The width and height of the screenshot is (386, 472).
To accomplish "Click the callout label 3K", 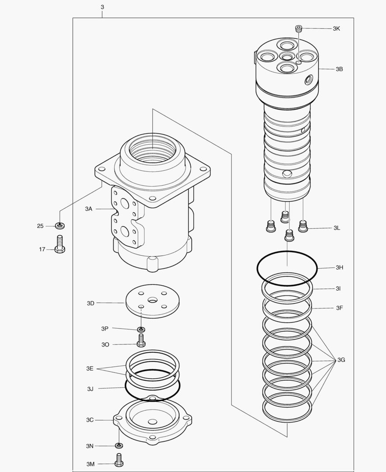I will (336, 28).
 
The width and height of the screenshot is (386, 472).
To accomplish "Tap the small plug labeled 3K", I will (299, 29).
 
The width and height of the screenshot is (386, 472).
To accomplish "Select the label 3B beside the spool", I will (339, 69).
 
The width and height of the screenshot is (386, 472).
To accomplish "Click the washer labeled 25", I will (60, 226).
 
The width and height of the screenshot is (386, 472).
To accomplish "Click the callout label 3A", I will (89, 209).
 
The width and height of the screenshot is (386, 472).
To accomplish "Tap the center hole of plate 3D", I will (152, 300).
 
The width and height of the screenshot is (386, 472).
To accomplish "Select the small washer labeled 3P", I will (141, 329).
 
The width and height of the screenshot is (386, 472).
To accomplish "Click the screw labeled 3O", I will (141, 340).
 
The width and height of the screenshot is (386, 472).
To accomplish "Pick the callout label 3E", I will (90, 368).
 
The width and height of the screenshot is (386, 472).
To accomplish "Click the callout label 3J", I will (90, 388).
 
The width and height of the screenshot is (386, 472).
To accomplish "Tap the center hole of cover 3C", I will (152, 422).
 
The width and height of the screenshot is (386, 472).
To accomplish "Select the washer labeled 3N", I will (119, 446).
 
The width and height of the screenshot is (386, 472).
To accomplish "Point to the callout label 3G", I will (341, 360).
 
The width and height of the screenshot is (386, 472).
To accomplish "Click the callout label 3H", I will (339, 267).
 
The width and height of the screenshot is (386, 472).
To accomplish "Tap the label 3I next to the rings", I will (338, 288).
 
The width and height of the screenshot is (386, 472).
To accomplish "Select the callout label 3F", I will (339, 308).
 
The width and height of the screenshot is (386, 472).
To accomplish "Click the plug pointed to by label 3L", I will (302, 226).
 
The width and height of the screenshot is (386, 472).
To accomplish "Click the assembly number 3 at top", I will (102, 7).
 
